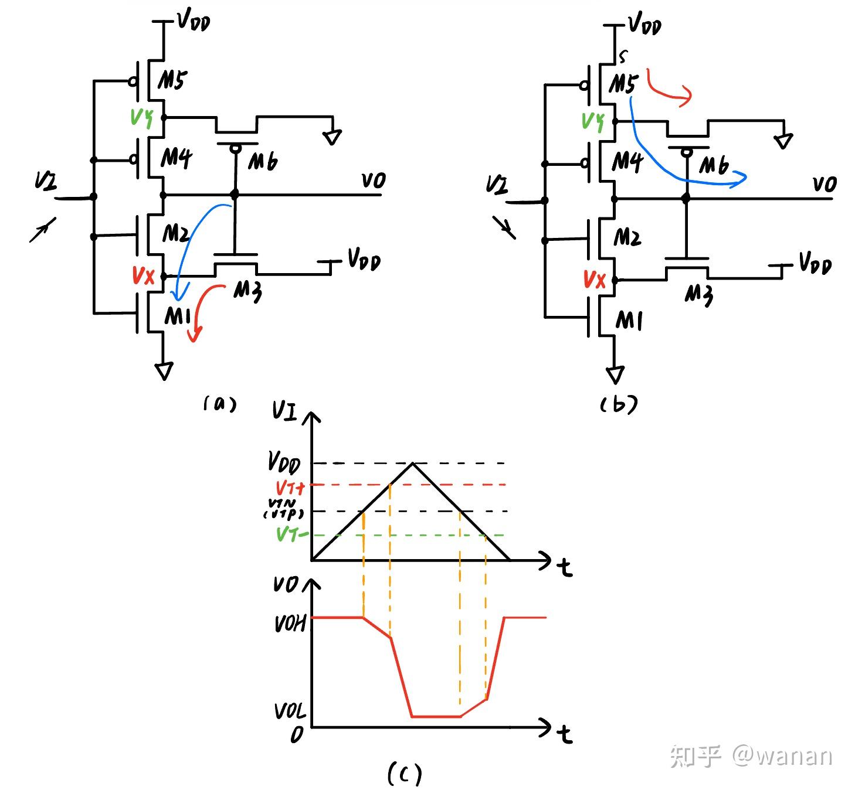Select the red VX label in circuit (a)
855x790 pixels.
click(x=143, y=275)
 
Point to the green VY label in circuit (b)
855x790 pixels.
click(x=593, y=121)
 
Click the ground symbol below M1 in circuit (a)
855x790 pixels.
click(x=164, y=371)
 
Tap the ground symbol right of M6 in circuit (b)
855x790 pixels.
click(x=783, y=141)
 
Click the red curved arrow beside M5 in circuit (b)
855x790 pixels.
click(x=669, y=89)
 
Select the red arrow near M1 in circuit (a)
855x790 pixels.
click(x=202, y=311)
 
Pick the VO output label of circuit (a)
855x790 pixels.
click(x=373, y=181)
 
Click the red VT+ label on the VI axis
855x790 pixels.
click(x=290, y=487)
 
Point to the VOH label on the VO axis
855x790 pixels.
click(x=290, y=624)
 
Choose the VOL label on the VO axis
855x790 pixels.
click(x=290, y=711)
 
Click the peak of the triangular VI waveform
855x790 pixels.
click(x=413, y=464)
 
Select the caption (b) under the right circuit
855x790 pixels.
click(x=619, y=404)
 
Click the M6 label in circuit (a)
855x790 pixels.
click(x=263, y=161)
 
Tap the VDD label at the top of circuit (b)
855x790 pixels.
click(x=644, y=25)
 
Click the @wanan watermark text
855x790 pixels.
click(x=782, y=755)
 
